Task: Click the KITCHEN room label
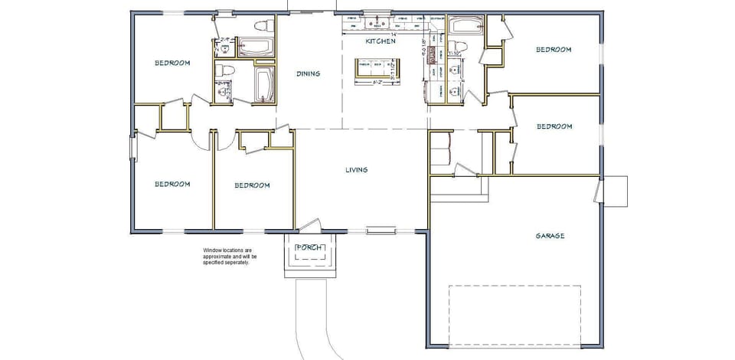381,41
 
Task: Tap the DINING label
309,74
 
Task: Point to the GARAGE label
550,236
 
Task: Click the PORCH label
309,247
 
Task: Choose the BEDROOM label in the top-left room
172,63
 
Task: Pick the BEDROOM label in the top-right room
553,50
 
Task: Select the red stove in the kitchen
432,53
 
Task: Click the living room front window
380,229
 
